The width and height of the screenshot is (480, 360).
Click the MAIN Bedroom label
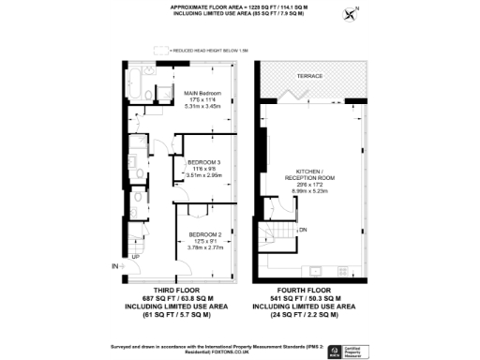tap(202, 94)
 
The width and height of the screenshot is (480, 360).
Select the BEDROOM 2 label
tap(204, 234)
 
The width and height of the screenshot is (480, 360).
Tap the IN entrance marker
tap(115, 267)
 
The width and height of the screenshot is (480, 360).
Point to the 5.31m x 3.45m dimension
tap(202, 108)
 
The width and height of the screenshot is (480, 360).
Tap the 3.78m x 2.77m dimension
tap(204, 248)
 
